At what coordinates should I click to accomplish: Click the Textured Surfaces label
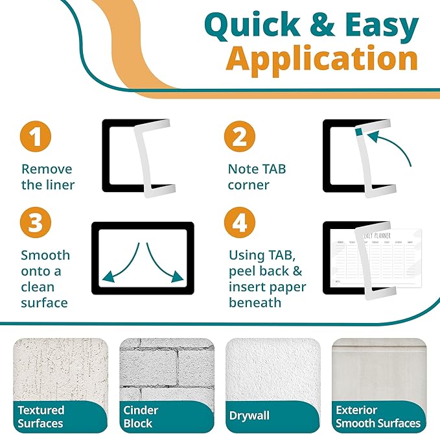[41, 416]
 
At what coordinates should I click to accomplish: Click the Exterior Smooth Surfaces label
[377, 416]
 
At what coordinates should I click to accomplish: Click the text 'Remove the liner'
[47, 177]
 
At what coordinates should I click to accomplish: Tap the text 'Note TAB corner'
[257, 177]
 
